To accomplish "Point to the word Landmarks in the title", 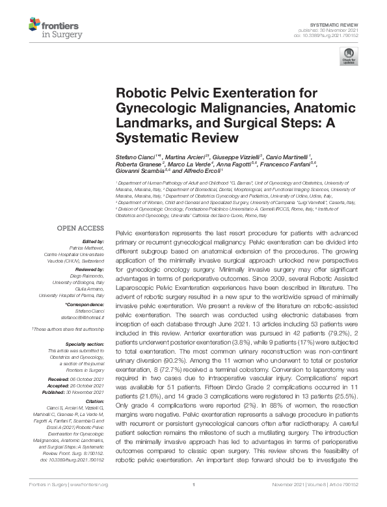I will point(147,123).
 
